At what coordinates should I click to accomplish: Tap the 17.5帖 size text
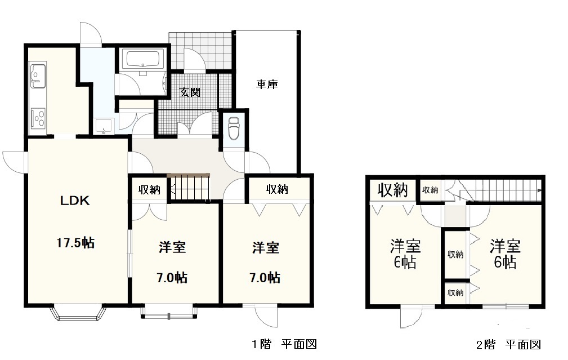(75, 243)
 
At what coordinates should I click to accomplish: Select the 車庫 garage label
(267, 85)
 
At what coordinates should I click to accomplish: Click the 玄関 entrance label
(190, 92)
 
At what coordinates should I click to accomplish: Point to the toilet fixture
(233, 130)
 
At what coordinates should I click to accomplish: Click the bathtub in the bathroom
(142, 59)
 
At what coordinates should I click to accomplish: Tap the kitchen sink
(37, 75)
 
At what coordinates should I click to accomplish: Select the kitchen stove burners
(38, 117)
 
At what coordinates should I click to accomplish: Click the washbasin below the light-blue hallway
(104, 127)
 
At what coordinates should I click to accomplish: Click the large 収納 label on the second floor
(392, 190)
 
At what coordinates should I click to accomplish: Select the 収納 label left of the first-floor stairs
(150, 190)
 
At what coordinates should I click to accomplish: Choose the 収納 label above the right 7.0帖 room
(277, 189)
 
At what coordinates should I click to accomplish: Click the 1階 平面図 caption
(280, 344)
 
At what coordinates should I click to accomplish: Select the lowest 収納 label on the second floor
(455, 292)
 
